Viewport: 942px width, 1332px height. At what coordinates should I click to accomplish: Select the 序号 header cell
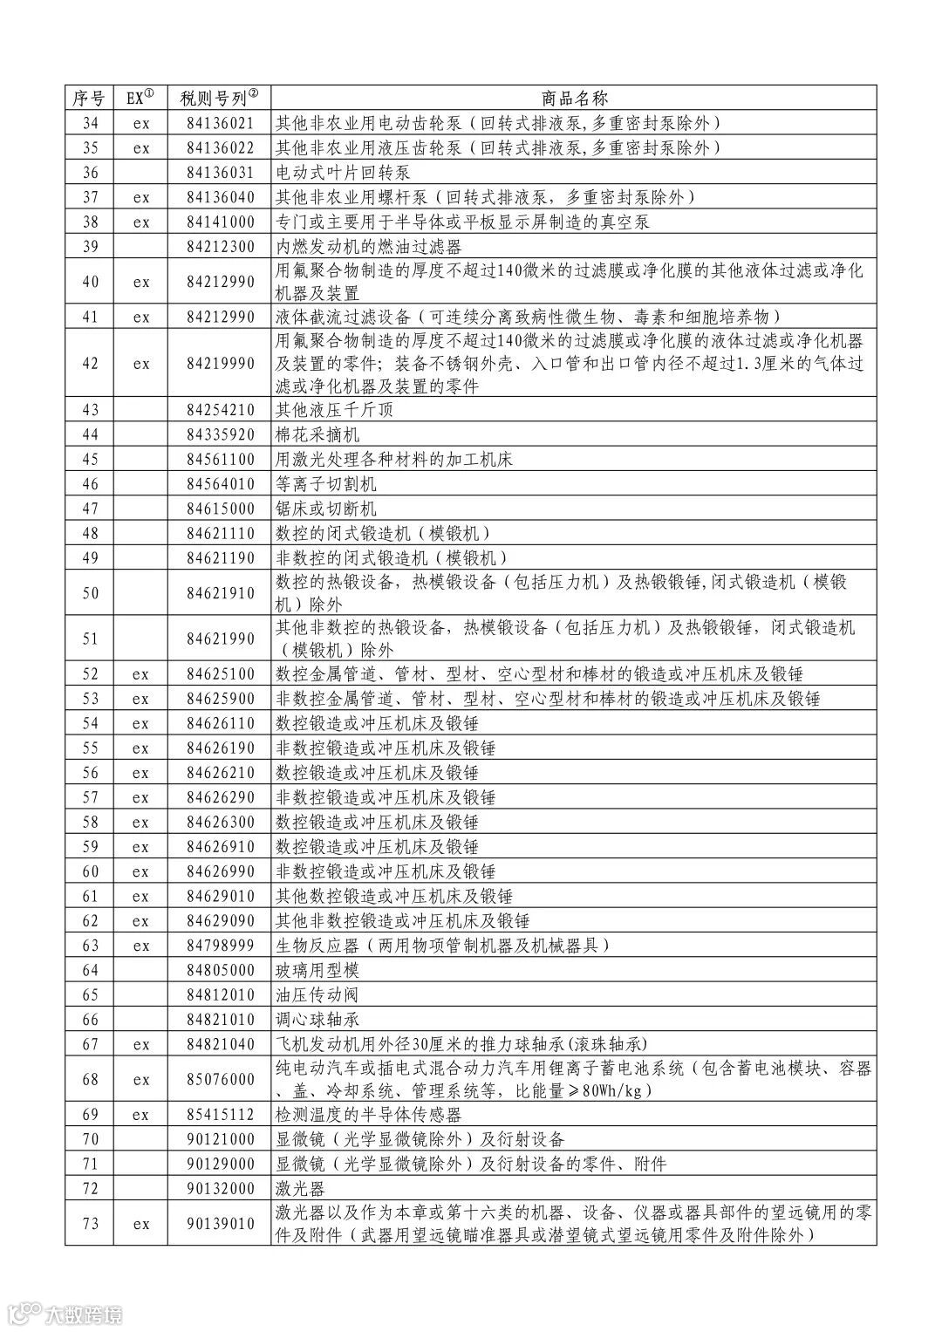(89, 98)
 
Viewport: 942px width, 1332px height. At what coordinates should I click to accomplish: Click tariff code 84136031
(220, 173)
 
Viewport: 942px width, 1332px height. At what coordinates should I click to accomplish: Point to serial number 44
(90, 434)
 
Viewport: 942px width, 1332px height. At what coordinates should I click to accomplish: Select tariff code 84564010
(220, 484)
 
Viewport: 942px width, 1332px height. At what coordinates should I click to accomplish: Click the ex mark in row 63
(141, 946)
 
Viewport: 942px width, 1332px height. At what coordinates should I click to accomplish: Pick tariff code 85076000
(220, 1079)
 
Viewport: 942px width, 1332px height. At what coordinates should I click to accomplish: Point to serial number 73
(90, 1224)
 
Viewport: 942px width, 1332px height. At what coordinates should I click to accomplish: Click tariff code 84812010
(220, 994)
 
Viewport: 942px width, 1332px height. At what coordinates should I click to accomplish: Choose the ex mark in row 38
(141, 222)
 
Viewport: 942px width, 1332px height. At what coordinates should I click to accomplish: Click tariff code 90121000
(220, 1139)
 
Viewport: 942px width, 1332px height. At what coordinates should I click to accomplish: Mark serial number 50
(90, 593)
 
